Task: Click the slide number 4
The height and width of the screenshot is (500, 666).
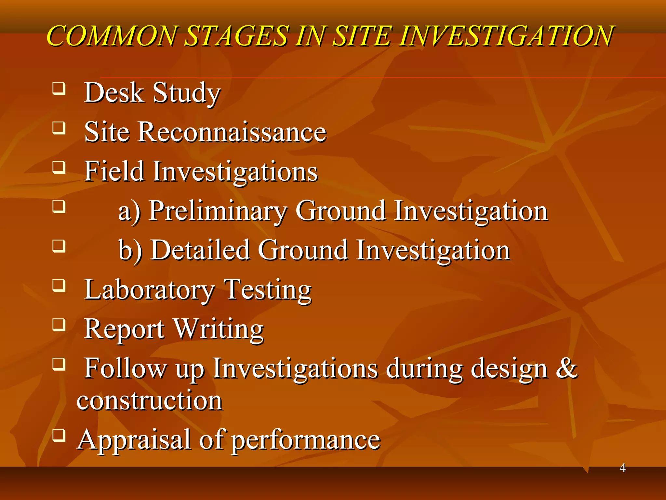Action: click(x=622, y=468)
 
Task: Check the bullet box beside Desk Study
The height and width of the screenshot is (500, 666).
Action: click(x=59, y=89)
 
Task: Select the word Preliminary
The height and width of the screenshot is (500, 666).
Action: click(x=218, y=211)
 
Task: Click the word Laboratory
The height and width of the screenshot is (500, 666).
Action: click(x=149, y=289)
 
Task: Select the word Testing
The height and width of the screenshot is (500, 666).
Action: click(x=268, y=289)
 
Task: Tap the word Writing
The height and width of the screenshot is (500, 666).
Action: click(x=219, y=329)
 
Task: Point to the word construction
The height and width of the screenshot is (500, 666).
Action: click(x=149, y=400)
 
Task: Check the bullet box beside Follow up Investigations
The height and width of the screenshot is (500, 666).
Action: click(x=59, y=364)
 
